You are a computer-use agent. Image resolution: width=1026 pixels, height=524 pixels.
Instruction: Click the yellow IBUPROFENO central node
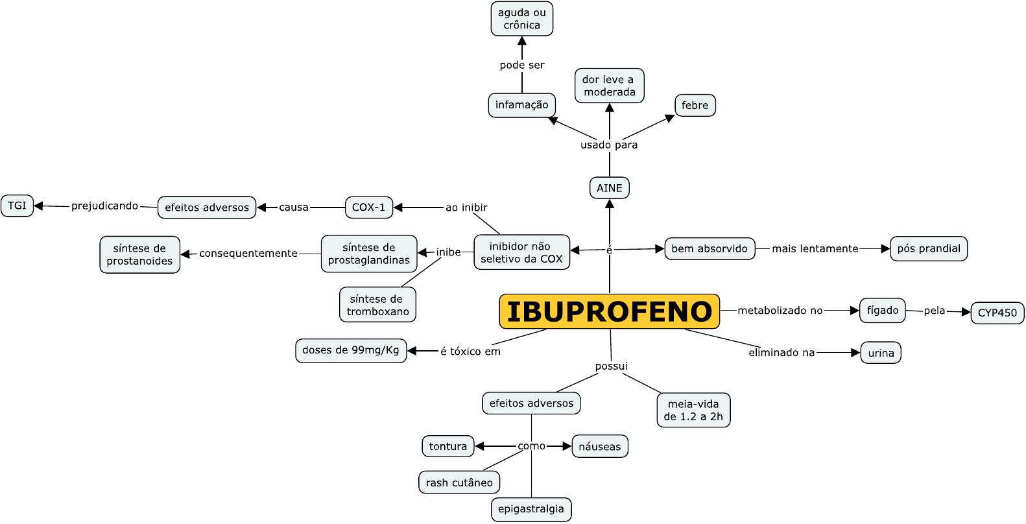point(609,311)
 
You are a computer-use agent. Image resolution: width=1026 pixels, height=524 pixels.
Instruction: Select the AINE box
point(609,188)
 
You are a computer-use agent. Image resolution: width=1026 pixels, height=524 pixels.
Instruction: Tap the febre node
point(695,105)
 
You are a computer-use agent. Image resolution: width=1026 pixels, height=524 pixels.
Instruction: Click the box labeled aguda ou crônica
point(521,19)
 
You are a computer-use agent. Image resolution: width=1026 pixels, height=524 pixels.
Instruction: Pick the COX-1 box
point(368,208)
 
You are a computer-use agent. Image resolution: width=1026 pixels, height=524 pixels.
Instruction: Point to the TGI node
point(18,206)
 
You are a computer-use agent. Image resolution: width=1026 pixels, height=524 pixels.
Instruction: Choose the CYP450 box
point(997,313)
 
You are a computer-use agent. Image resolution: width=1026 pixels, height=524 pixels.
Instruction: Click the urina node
point(881,353)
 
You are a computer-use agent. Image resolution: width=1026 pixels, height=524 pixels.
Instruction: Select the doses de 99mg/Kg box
point(351,350)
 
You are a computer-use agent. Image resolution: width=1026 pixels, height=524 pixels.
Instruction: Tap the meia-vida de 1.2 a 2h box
point(693,410)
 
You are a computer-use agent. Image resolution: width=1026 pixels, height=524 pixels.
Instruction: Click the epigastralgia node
point(531,509)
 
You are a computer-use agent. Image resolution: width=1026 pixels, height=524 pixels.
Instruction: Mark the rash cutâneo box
point(459,482)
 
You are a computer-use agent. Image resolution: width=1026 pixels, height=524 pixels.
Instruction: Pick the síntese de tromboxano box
point(377,305)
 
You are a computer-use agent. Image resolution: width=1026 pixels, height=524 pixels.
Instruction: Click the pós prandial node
point(929,248)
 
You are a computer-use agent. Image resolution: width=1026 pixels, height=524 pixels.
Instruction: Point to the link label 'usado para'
point(609,145)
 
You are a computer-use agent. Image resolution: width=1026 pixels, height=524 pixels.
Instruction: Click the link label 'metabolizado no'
point(780,311)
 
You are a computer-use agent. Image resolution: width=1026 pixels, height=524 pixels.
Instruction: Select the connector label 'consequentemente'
point(248,254)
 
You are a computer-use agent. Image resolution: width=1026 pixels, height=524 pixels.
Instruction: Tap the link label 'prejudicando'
point(104,206)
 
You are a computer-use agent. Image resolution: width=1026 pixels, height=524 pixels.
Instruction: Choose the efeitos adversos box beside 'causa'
point(207,208)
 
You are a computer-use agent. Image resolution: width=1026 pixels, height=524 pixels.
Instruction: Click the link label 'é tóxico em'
point(470,351)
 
